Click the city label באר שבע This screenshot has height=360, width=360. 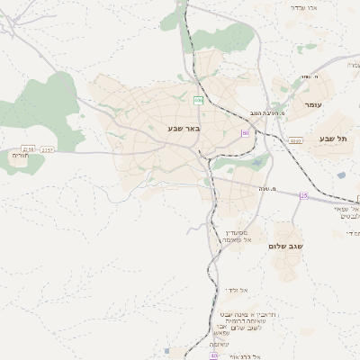184,129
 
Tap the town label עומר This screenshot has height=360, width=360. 313,105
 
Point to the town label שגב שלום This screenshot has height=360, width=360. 286,246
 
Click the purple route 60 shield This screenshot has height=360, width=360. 245,133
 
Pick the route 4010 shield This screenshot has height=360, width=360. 295,141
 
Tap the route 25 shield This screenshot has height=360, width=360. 303,195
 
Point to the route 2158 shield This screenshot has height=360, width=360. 28,148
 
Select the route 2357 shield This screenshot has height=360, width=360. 47,148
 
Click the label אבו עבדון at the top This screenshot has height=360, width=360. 304,7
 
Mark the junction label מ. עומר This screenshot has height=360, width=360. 308,76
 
